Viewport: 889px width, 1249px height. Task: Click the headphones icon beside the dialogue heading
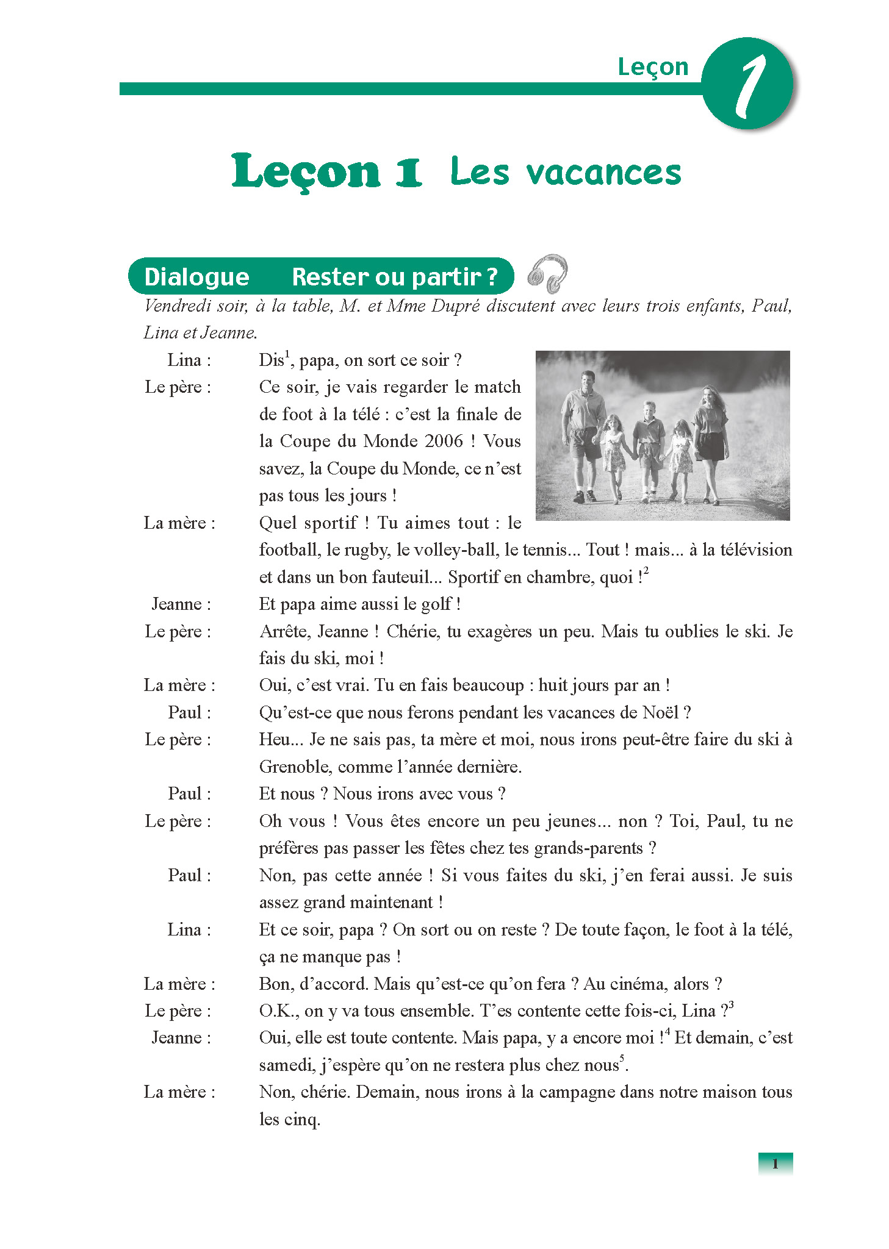(547, 274)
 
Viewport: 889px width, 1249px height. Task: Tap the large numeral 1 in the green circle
(749, 85)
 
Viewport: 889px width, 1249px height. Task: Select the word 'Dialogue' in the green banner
(196, 277)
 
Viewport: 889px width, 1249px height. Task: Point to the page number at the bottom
(775, 1163)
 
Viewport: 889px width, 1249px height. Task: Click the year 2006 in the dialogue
(444, 441)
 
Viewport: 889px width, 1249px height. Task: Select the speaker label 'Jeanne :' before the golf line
(181, 604)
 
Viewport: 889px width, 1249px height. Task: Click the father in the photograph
(583, 433)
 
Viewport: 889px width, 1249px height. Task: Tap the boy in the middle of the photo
(649, 448)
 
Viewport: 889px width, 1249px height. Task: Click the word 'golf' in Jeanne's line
(436, 604)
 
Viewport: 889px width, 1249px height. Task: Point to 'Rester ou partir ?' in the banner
(395, 277)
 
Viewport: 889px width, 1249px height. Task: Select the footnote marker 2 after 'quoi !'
(646, 570)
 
